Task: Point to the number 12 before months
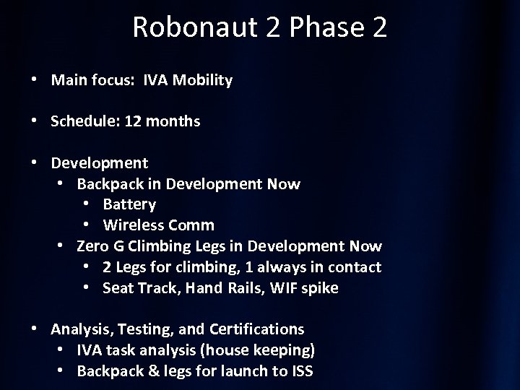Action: click(x=133, y=121)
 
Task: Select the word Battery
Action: click(x=129, y=204)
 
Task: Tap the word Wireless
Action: click(x=133, y=225)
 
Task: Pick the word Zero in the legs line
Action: click(x=92, y=246)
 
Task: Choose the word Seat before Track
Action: click(x=118, y=288)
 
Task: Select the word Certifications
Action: click(x=257, y=329)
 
